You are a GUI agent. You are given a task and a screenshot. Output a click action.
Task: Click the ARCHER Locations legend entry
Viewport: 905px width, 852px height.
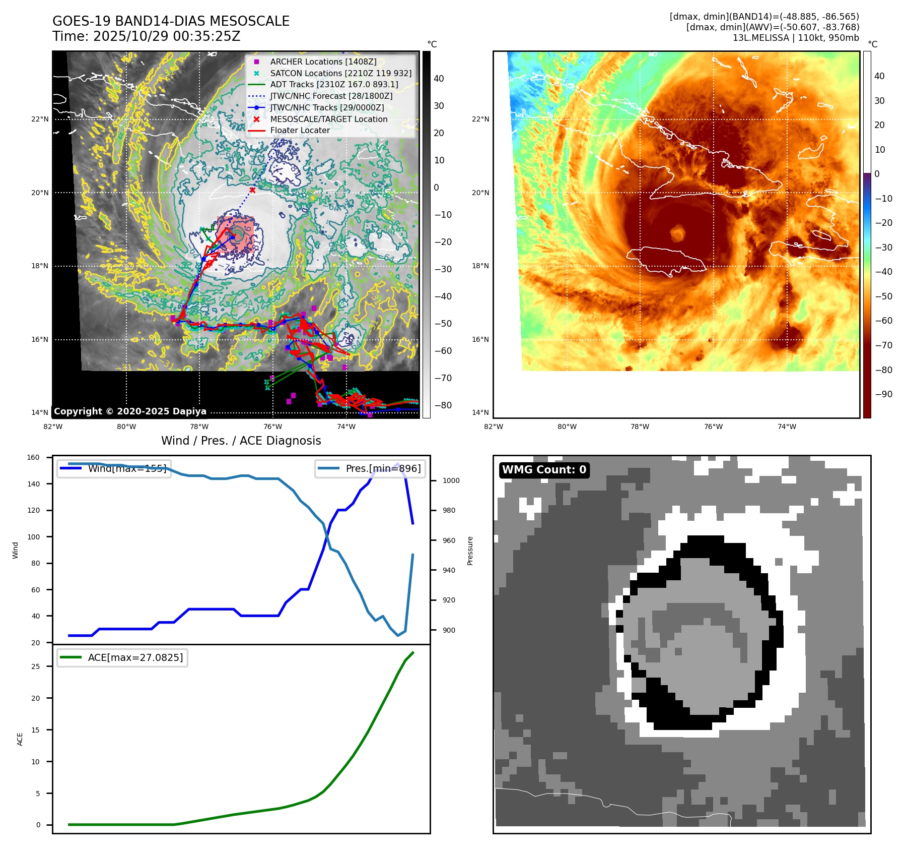click(323, 62)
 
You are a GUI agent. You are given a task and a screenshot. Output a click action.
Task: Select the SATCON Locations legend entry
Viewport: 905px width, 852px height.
click(340, 73)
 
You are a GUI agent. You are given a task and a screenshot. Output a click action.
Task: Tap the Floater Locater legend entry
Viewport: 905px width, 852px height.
click(300, 130)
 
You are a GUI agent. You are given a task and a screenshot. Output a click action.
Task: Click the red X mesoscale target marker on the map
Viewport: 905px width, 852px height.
click(252, 190)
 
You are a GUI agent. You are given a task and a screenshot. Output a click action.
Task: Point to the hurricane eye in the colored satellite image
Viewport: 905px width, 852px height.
click(677, 233)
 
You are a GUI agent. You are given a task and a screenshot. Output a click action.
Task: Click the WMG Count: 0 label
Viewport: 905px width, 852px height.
click(544, 470)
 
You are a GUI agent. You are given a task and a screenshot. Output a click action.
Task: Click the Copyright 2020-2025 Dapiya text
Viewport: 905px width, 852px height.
click(130, 411)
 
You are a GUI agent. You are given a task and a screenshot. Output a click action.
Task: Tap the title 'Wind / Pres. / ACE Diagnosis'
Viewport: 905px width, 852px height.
click(241, 441)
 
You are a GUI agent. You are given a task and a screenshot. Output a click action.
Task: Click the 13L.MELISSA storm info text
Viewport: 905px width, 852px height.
click(796, 38)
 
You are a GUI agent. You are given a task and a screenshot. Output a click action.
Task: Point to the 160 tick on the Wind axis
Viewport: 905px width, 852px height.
click(33, 457)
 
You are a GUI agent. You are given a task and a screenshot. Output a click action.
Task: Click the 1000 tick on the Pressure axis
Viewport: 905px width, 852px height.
click(451, 480)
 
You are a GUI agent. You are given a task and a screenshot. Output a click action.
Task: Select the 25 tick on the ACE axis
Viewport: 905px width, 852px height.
click(35, 666)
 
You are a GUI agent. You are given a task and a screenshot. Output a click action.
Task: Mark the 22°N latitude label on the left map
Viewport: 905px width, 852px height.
click(40, 119)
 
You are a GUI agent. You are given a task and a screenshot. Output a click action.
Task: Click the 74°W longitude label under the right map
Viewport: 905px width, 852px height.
click(787, 427)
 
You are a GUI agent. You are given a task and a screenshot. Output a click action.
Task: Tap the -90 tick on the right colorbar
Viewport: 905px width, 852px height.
click(883, 394)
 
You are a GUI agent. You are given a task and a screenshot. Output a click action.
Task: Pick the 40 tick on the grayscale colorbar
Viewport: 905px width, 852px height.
click(439, 79)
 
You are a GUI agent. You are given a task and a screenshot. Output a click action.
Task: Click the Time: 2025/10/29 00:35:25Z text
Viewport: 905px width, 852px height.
click(146, 36)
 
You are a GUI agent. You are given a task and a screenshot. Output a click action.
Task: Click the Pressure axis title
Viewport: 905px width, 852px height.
click(470, 551)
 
